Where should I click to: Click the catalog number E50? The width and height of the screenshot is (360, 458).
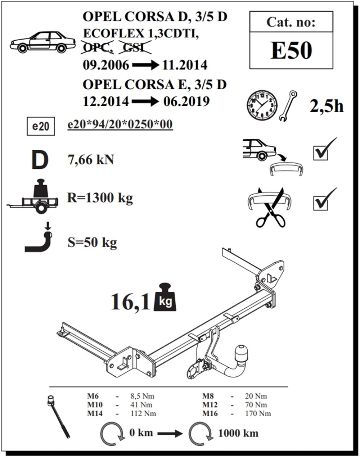pos(291,51)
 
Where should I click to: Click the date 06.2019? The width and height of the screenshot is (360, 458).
pos(186,101)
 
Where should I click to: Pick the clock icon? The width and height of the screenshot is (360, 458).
pos(262,105)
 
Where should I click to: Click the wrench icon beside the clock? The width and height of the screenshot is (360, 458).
pos(288,105)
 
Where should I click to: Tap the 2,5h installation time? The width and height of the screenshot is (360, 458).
pos(327,106)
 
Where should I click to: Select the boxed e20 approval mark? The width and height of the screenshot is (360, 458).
pos(41,126)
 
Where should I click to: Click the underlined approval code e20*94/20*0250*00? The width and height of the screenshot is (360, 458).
pos(120,124)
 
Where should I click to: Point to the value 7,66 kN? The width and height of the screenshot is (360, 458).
pos(91,160)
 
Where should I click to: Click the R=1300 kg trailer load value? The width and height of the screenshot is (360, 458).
pos(100,198)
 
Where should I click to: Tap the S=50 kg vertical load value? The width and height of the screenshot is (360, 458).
pos(92,242)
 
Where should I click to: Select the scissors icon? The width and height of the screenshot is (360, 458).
pos(271,207)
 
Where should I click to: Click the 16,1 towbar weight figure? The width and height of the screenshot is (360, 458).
pos(130,302)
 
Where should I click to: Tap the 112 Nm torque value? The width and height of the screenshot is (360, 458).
pos(143,414)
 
